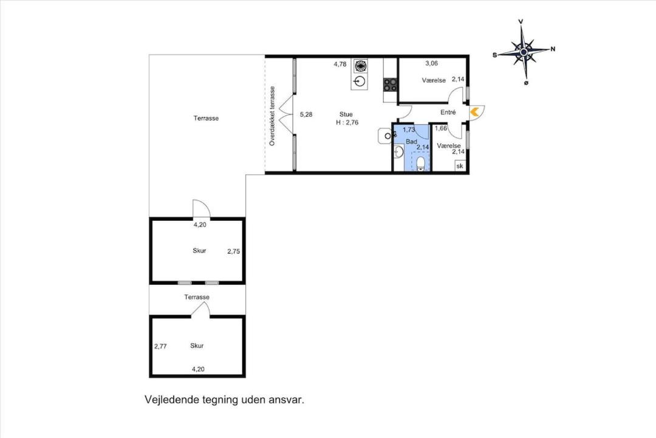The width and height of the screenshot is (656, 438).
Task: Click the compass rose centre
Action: (524, 52)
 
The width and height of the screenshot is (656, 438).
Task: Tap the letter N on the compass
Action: (553, 49)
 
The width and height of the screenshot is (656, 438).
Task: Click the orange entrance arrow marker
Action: (474, 112)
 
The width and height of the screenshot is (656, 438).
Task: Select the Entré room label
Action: (448, 113)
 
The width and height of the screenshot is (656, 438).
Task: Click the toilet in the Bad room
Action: (420, 164)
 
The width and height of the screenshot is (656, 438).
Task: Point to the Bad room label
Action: (411, 142)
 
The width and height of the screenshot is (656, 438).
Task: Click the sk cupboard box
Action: (460, 166)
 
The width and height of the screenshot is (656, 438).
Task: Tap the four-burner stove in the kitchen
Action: (391, 85)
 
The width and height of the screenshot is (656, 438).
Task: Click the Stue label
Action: (346, 114)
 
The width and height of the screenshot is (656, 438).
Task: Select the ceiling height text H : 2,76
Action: (347, 122)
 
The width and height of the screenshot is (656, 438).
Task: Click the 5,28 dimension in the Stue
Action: (306, 114)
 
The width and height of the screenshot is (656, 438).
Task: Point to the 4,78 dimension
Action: (340, 64)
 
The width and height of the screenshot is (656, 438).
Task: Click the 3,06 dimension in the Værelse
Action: (431, 63)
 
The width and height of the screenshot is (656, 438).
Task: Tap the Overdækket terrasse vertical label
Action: (272, 116)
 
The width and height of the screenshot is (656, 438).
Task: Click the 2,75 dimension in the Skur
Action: (234, 251)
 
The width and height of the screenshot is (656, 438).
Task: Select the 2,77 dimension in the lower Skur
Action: (160, 346)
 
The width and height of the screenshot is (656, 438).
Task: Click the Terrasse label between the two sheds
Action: (197, 297)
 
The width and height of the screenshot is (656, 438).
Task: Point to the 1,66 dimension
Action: (441, 128)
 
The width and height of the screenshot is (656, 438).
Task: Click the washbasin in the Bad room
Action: (398, 151)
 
